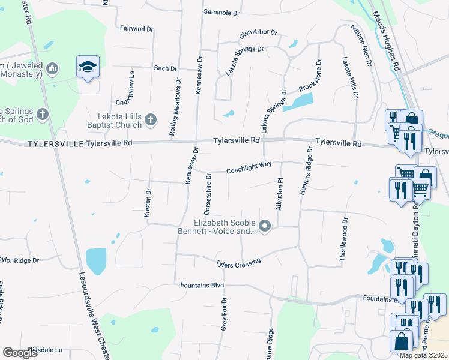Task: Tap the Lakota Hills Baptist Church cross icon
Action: point(150,121)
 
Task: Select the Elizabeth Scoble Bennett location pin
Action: point(265,226)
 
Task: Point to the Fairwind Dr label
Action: point(137,28)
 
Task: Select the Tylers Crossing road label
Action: point(238,263)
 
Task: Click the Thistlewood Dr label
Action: point(345,238)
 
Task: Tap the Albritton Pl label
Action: point(279,194)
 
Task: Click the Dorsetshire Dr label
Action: point(207,194)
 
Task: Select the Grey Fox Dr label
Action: point(223,314)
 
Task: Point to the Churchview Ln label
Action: point(131,86)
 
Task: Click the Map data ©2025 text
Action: point(423,355)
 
